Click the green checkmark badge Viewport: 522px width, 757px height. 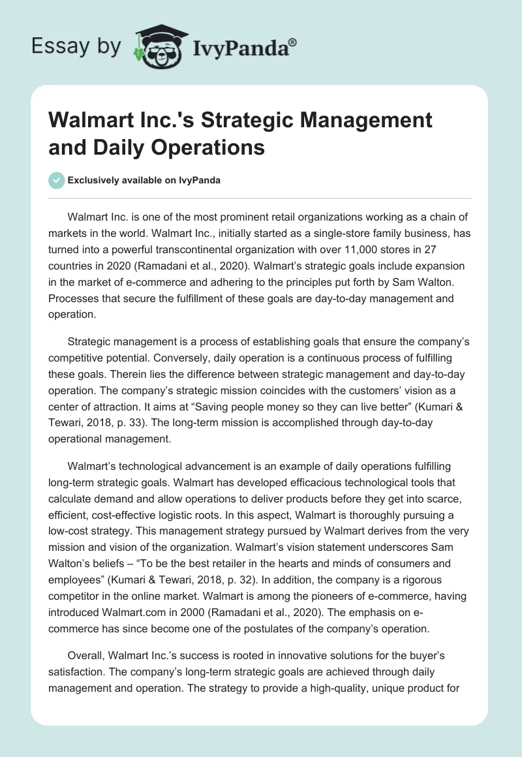[x=57, y=180]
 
